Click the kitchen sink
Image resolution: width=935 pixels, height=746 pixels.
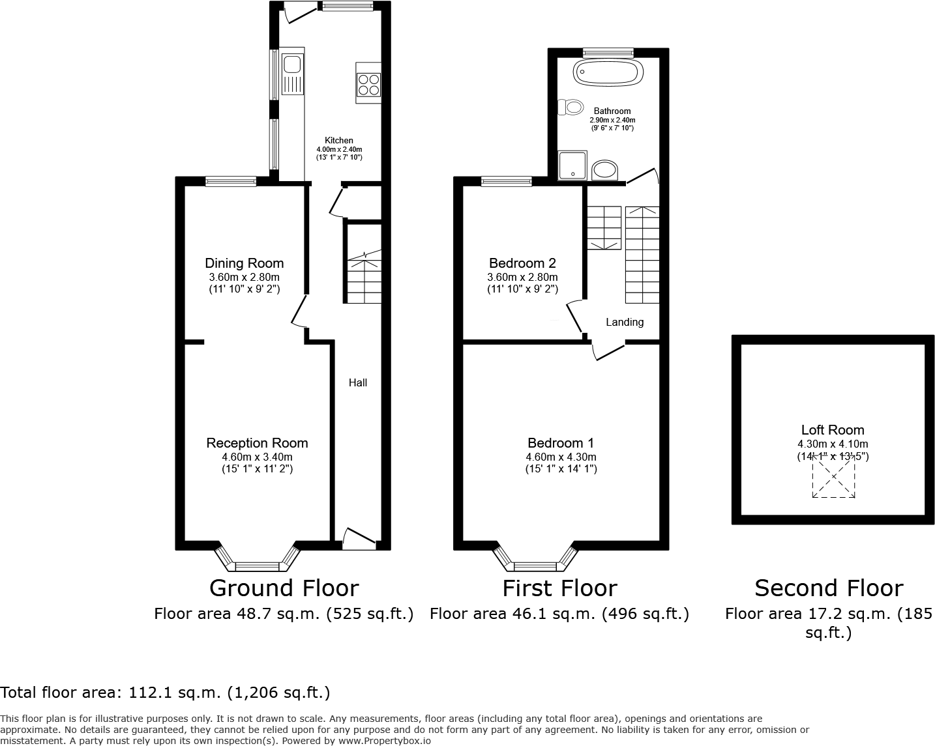[x=291, y=65]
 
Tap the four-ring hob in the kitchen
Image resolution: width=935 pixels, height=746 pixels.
[x=368, y=83]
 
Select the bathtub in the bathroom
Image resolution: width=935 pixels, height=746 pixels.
[x=608, y=72]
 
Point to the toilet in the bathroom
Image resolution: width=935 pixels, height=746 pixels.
[x=572, y=107]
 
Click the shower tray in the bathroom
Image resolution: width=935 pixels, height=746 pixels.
[x=572, y=164]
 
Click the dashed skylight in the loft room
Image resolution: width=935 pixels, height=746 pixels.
[x=833, y=476]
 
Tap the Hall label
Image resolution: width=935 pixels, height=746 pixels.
[x=357, y=382]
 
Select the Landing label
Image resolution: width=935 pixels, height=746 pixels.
[x=624, y=322]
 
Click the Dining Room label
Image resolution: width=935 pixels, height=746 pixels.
[x=244, y=263]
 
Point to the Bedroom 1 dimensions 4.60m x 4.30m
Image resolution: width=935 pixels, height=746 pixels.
[x=561, y=457]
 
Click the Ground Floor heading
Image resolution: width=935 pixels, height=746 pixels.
[x=284, y=588]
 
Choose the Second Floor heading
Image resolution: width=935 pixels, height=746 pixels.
[x=828, y=588]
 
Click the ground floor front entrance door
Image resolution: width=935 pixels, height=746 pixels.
[x=359, y=538]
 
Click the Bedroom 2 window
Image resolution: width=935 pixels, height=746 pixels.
[x=506, y=182]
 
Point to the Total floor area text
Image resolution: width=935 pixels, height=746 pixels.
[x=165, y=692]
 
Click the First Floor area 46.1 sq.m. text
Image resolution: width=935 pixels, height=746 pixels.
[x=559, y=614]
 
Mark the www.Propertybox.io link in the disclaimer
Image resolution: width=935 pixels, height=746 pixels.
[x=383, y=740]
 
